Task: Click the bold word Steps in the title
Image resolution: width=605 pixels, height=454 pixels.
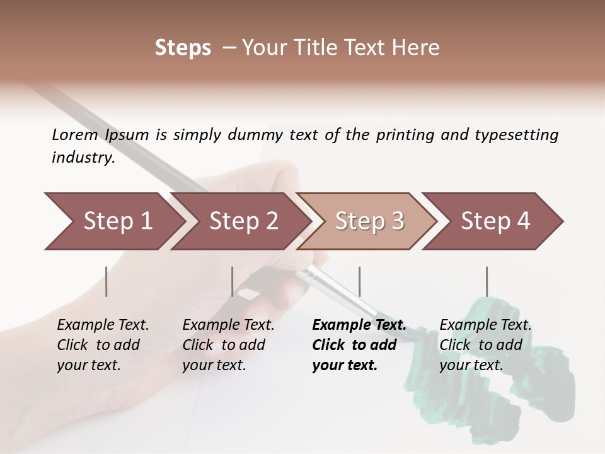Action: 183,48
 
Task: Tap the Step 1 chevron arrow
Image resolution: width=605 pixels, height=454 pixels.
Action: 117,221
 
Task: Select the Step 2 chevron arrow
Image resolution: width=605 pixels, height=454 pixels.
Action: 243,221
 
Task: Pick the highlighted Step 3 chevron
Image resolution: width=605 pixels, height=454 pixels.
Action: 369,221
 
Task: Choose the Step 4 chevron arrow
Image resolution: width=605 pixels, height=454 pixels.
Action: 495,221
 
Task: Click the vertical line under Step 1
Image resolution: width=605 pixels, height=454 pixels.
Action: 107,281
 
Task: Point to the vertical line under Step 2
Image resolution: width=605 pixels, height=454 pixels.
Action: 233,281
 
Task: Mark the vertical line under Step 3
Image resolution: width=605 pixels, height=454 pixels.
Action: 359,281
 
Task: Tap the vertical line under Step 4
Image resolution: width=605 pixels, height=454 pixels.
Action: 487,281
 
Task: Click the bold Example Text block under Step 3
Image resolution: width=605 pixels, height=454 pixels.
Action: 359,345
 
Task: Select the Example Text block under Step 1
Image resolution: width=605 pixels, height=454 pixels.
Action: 103,345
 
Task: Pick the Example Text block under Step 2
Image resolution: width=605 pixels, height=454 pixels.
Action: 229,345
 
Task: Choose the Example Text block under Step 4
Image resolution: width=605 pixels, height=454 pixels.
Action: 485,345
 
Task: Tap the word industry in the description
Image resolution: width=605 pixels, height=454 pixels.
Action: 83,158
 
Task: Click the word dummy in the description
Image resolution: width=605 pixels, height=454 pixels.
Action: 260,135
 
